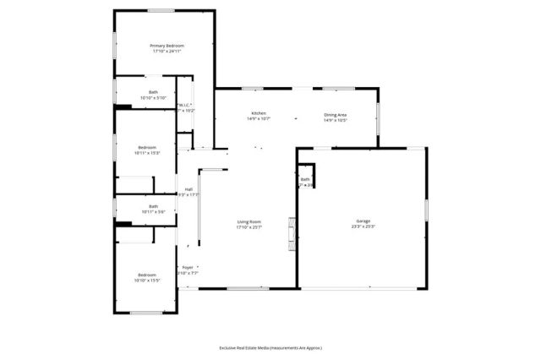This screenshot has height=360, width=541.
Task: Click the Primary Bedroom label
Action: click(x=167, y=45)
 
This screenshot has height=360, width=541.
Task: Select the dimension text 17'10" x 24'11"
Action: click(x=167, y=52)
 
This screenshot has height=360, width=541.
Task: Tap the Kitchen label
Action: click(x=259, y=113)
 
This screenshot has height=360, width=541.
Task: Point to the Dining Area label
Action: click(x=336, y=113)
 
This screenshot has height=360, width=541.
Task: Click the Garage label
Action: click(x=363, y=219)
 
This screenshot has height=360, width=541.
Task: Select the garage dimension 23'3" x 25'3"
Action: click(x=363, y=226)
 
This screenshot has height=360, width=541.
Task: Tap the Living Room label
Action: click(x=249, y=221)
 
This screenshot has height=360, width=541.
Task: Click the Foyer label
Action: click(x=188, y=267)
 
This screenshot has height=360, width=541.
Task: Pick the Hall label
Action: click(x=189, y=188)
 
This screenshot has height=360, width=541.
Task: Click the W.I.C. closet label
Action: click(x=185, y=104)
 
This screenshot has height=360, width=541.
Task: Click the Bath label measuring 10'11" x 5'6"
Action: click(x=153, y=205)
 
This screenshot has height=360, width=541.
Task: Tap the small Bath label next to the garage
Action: click(x=305, y=179)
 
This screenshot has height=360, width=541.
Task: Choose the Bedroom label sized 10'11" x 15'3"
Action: click(x=147, y=147)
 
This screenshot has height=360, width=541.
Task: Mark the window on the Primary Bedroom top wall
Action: click(x=162, y=10)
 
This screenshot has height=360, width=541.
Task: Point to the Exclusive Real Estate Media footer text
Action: click(x=270, y=347)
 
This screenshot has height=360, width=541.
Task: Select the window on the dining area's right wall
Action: click(x=378, y=123)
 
